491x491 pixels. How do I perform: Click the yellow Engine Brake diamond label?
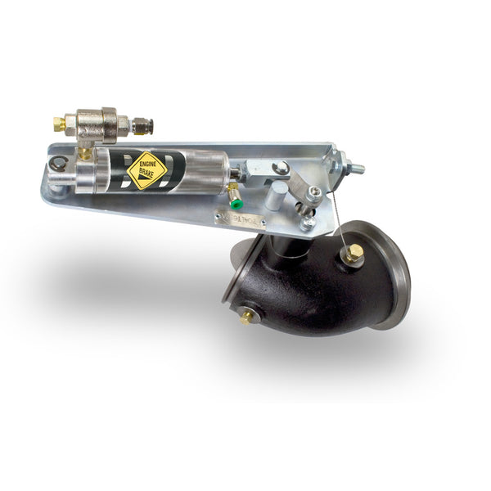click(146, 169)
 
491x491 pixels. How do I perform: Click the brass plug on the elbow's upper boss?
click(354, 255)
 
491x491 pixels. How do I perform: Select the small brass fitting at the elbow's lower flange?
click(245, 316)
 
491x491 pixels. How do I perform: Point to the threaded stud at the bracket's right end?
click(357, 169)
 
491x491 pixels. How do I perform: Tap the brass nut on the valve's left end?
click(59, 124)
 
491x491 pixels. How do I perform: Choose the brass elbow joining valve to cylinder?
click(84, 151)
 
